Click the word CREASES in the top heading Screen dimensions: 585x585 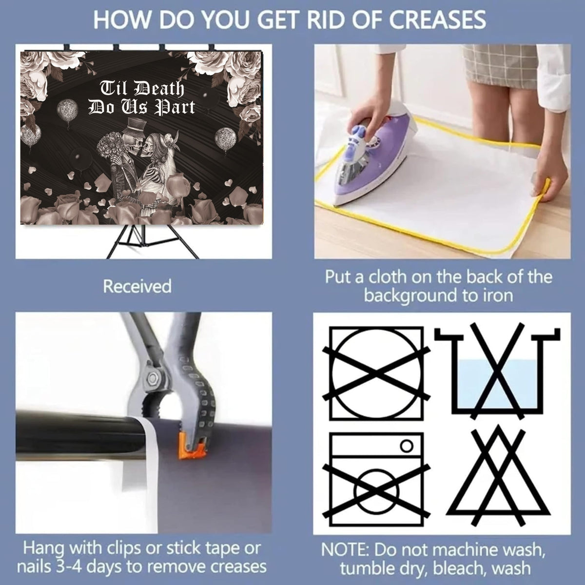[437, 19]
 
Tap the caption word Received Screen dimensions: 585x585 [137, 286]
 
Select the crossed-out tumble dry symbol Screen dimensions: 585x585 [376, 374]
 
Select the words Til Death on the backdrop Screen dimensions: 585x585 [142, 88]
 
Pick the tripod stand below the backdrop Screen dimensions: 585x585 [153, 242]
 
